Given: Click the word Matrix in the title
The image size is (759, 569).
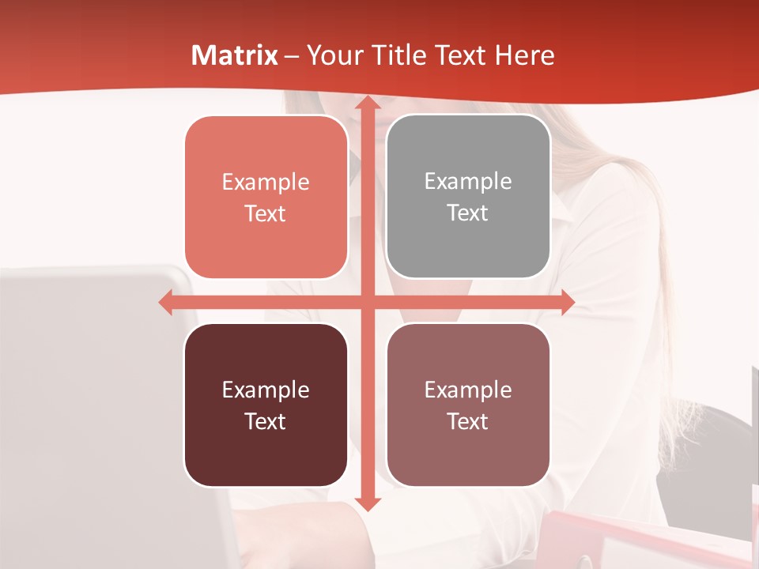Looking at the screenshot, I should [235, 55].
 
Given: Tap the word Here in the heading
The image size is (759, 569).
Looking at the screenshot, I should [525, 55].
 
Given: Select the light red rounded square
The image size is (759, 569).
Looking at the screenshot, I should [266, 198].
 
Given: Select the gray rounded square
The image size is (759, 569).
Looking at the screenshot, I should [468, 197].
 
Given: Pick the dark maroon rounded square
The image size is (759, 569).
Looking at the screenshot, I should [266, 405].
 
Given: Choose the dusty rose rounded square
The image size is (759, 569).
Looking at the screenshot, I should [468, 405].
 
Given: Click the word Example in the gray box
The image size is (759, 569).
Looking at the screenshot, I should [468, 181].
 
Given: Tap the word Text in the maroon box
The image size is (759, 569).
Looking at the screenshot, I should [265, 421].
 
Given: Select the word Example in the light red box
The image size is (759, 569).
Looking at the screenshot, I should [266, 182].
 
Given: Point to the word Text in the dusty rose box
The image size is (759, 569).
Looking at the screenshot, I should [468, 421].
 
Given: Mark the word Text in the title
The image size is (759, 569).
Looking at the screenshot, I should [459, 55].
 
